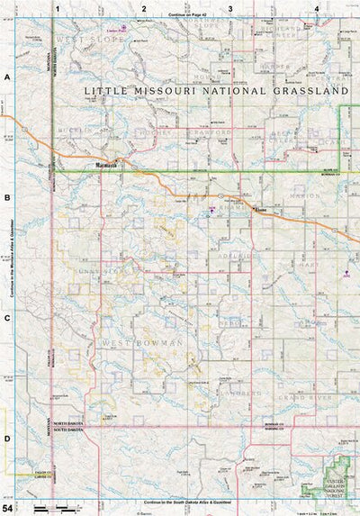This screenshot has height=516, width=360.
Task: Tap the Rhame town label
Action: point(262,211)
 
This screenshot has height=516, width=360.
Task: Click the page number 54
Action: point(8,509)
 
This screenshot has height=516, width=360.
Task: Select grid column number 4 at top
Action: point(317,8)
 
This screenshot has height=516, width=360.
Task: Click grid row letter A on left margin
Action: point(7,78)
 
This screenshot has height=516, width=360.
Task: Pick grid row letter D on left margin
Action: point(7,438)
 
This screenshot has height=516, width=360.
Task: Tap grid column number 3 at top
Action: point(230,8)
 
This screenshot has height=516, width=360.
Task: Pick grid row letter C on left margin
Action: point(7,318)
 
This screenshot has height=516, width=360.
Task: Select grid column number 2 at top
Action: point(143,8)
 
